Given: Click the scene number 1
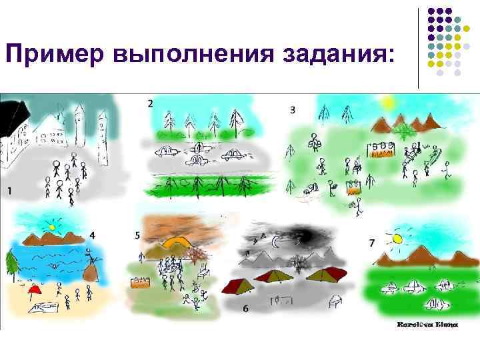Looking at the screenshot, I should [9, 191].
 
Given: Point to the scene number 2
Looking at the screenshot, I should [150, 103].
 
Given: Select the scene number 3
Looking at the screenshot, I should [293, 109].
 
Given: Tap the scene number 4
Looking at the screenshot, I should [92, 235].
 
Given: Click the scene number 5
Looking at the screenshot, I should [137, 235].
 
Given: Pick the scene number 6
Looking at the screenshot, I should [246, 308].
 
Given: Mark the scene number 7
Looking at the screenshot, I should [371, 243].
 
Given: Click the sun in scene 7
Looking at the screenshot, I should [397, 237].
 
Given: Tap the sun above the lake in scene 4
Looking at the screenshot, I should [51, 227].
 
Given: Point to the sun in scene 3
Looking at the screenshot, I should [387, 102].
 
